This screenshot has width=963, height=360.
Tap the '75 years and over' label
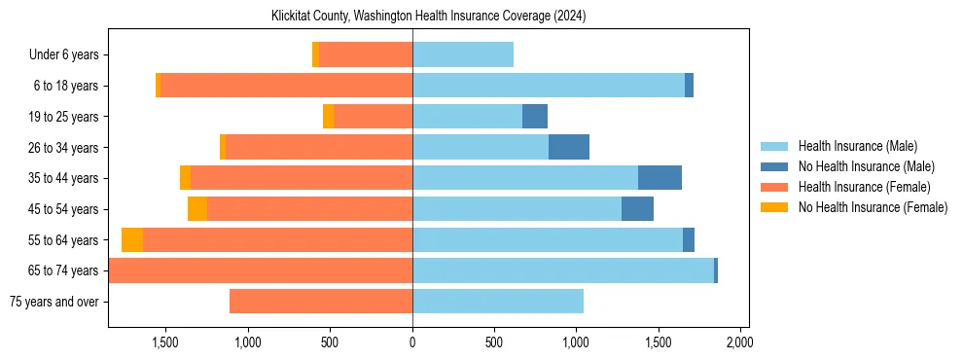tap(53, 302)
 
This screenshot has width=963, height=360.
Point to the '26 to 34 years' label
tap(64, 148)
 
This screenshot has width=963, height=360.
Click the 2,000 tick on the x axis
tap(739, 342)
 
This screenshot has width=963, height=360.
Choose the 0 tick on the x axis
tap(412, 342)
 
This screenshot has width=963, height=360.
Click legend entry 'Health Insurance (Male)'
tap(857, 146)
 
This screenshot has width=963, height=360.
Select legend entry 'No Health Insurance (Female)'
tap(873, 207)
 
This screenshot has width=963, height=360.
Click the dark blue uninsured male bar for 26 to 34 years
tap(569, 147)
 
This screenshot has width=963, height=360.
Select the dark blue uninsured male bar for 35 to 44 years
tap(660, 178)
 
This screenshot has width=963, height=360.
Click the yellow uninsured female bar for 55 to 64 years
tap(132, 239)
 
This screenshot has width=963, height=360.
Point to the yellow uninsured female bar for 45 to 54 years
tap(197, 209)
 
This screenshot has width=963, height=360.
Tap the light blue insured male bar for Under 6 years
tap(463, 55)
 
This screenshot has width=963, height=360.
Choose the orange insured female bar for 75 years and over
tap(321, 302)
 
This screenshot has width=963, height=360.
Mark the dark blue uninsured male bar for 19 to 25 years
tap(535, 117)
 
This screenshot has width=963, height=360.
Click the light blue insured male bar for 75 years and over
tap(498, 302)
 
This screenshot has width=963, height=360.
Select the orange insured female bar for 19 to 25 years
tap(373, 117)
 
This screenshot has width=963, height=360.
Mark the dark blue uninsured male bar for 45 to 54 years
tap(637, 209)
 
